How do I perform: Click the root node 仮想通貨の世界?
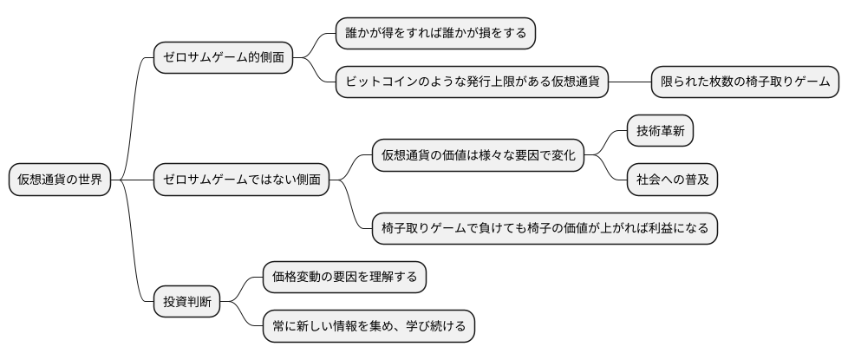pyautogui.click(x=60, y=180)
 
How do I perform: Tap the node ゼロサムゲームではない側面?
pyautogui.click(x=242, y=180)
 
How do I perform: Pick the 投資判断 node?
pyautogui.click(x=186, y=303)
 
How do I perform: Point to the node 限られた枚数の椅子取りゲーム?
pyautogui.click(x=744, y=82)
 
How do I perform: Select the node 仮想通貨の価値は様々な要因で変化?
pyautogui.click(x=478, y=156)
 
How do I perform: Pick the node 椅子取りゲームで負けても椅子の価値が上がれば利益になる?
pyautogui.click(x=545, y=229)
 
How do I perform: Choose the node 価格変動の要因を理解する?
pyautogui.click(x=344, y=278)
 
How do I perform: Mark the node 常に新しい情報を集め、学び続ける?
pyautogui.click(x=369, y=327)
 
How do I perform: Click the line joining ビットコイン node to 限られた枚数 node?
pyautogui.click(x=630, y=82)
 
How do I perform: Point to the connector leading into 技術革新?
pyautogui.click(x=607, y=141)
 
